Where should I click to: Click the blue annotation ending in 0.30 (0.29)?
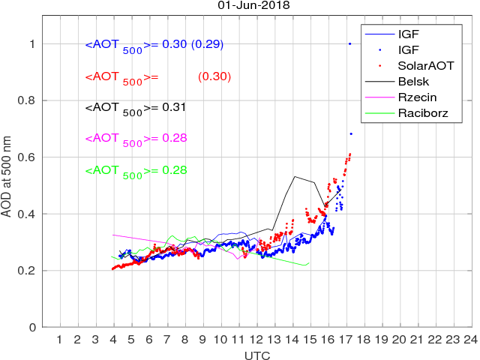[x=154, y=45]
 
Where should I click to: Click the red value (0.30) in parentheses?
[x=214, y=76]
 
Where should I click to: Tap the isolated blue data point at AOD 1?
[x=349, y=43]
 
